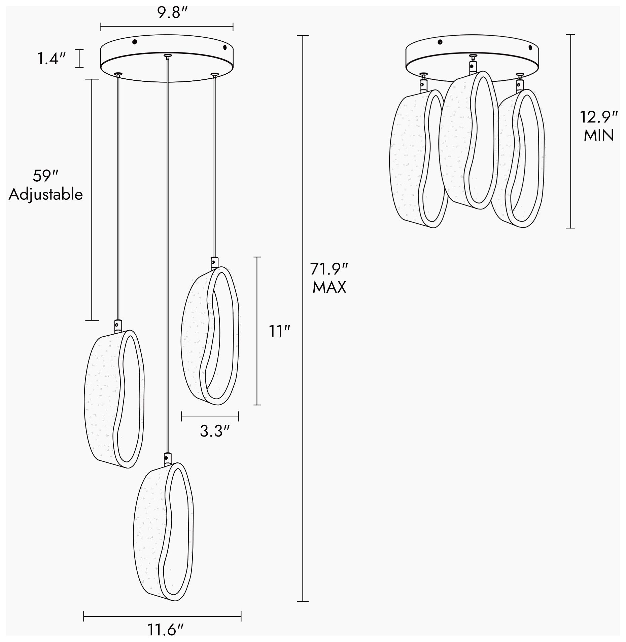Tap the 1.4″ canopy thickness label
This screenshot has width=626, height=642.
[x=51, y=59]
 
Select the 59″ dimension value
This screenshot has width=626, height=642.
[x=46, y=176]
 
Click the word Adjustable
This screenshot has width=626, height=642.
[x=46, y=195]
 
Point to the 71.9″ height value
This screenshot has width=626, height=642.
[x=329, y=269]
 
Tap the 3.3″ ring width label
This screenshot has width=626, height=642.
[x=214, y=431]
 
